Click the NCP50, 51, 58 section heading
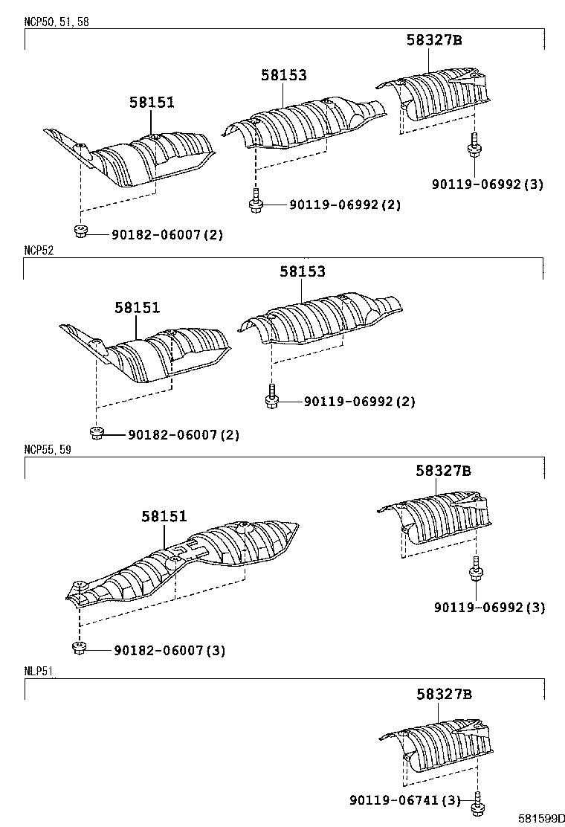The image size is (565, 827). click(x=56, y=22)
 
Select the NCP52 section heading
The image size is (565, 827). click(x=39, y=251)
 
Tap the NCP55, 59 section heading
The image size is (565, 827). click(x=48, y=450)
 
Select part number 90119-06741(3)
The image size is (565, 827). click(x=404, y=800)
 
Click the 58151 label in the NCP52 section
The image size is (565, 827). click(x=137, y=307)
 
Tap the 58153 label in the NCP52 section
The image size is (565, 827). click(x=303, y=272)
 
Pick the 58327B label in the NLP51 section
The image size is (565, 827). click(x=444, y=695)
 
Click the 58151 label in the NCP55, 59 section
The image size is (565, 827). click(x=164, y=516)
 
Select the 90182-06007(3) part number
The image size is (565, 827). click(x=169, y=651)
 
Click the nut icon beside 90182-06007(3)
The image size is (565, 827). click(x=77, y=649)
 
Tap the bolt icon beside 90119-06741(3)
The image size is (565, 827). click(x=477, y=802)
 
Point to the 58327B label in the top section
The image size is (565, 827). click(x=434, y=41)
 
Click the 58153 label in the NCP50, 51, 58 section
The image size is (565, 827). click(x=283, y=75)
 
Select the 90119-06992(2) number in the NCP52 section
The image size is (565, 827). click(x=359, y=402)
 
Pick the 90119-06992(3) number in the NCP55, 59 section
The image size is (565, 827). click(x=490, y=608)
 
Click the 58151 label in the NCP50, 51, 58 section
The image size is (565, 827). click(x=152, y=103)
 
